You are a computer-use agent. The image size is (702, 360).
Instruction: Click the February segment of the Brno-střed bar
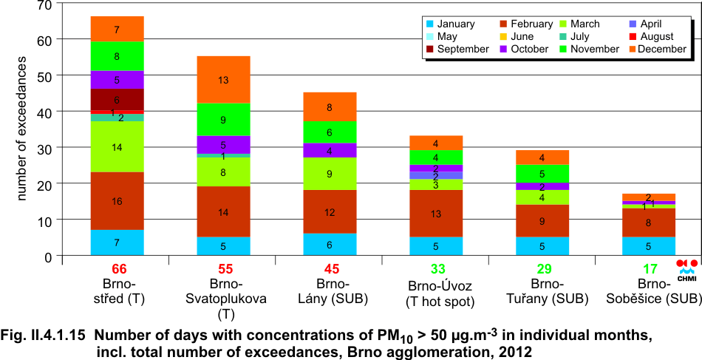117,201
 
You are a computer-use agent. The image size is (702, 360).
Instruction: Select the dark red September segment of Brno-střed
117,100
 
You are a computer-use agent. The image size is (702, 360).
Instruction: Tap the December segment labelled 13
223,80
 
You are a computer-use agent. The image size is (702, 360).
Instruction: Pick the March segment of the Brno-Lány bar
330,174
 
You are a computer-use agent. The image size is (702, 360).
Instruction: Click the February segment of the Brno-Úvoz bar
436,214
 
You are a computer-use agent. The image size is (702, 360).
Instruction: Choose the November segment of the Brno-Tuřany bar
542,174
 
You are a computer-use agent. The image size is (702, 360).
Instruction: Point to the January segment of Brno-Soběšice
648,246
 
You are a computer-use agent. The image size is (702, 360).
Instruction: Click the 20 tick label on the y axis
45,184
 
